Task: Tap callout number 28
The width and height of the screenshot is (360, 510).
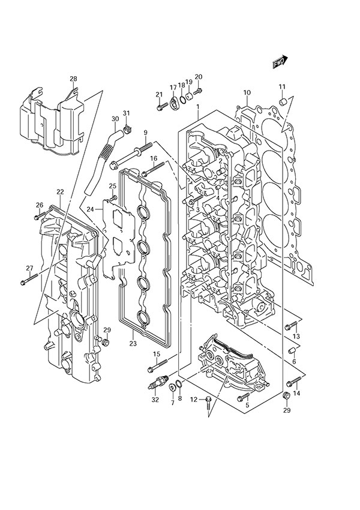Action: (73, 79)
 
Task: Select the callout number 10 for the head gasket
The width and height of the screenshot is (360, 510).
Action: (247, 92)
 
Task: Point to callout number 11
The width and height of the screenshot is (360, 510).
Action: (282, 88)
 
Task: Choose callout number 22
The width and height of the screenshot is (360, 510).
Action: (60, 191)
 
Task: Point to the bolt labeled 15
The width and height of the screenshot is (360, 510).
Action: (157, 364)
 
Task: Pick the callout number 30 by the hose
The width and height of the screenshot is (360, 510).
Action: (115, 119)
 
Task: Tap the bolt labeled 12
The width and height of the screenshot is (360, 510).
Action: (207, 400)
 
